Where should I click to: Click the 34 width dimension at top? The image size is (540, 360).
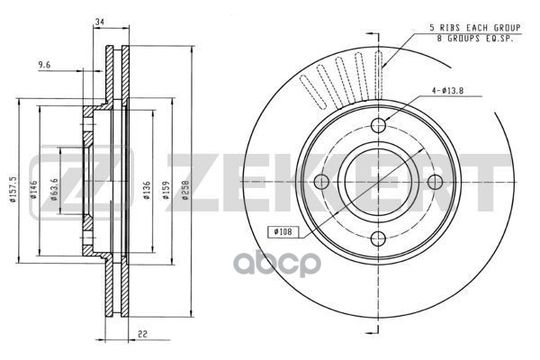pos(98,22)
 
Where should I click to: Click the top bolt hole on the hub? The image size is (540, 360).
pos(379,125)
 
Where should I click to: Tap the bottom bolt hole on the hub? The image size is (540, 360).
pos(379,238)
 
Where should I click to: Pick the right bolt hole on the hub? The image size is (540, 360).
pos(436,181)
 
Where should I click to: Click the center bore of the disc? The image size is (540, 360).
pos(379,181)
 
